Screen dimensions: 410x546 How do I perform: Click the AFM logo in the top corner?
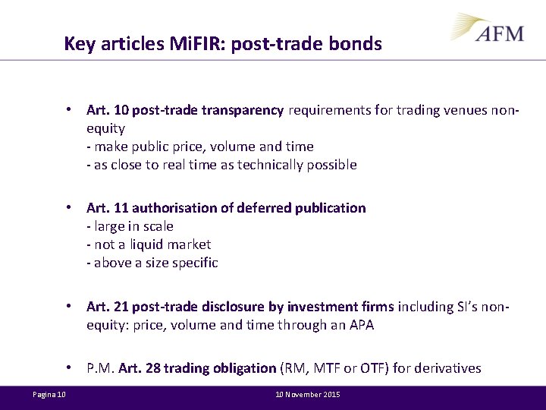tap(489, 30)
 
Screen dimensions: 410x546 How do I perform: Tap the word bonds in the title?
tap(357, 44)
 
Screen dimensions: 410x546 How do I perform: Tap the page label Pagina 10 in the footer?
tap(49, 395)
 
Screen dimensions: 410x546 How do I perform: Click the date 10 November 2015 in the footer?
tap(306, 395)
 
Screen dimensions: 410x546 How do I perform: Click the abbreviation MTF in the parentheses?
tap(328, 368)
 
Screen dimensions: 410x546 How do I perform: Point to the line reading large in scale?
tap(130, 226)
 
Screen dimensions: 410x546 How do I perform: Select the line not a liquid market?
tap(149, 244)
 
